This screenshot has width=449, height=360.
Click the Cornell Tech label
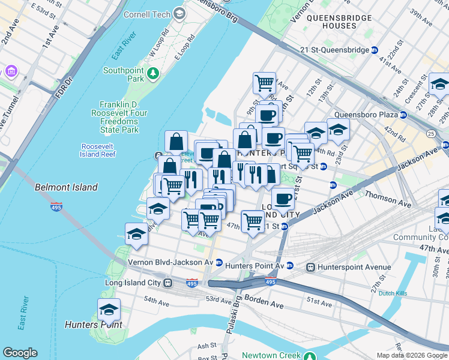pos(146,13)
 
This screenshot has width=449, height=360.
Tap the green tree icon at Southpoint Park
pos(154,73)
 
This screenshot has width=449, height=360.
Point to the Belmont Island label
pos(66,187)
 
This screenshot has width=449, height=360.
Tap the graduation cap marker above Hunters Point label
pos(109,310)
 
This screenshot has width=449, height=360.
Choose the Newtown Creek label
pos(271,355)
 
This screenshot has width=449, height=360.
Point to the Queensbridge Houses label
pos(339,22)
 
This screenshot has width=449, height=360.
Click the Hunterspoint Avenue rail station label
pos(345,267)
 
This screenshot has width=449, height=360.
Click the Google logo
pos(20,353)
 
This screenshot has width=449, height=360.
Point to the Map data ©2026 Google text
pos(412,355)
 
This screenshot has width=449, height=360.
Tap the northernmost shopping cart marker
pos(264,83)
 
